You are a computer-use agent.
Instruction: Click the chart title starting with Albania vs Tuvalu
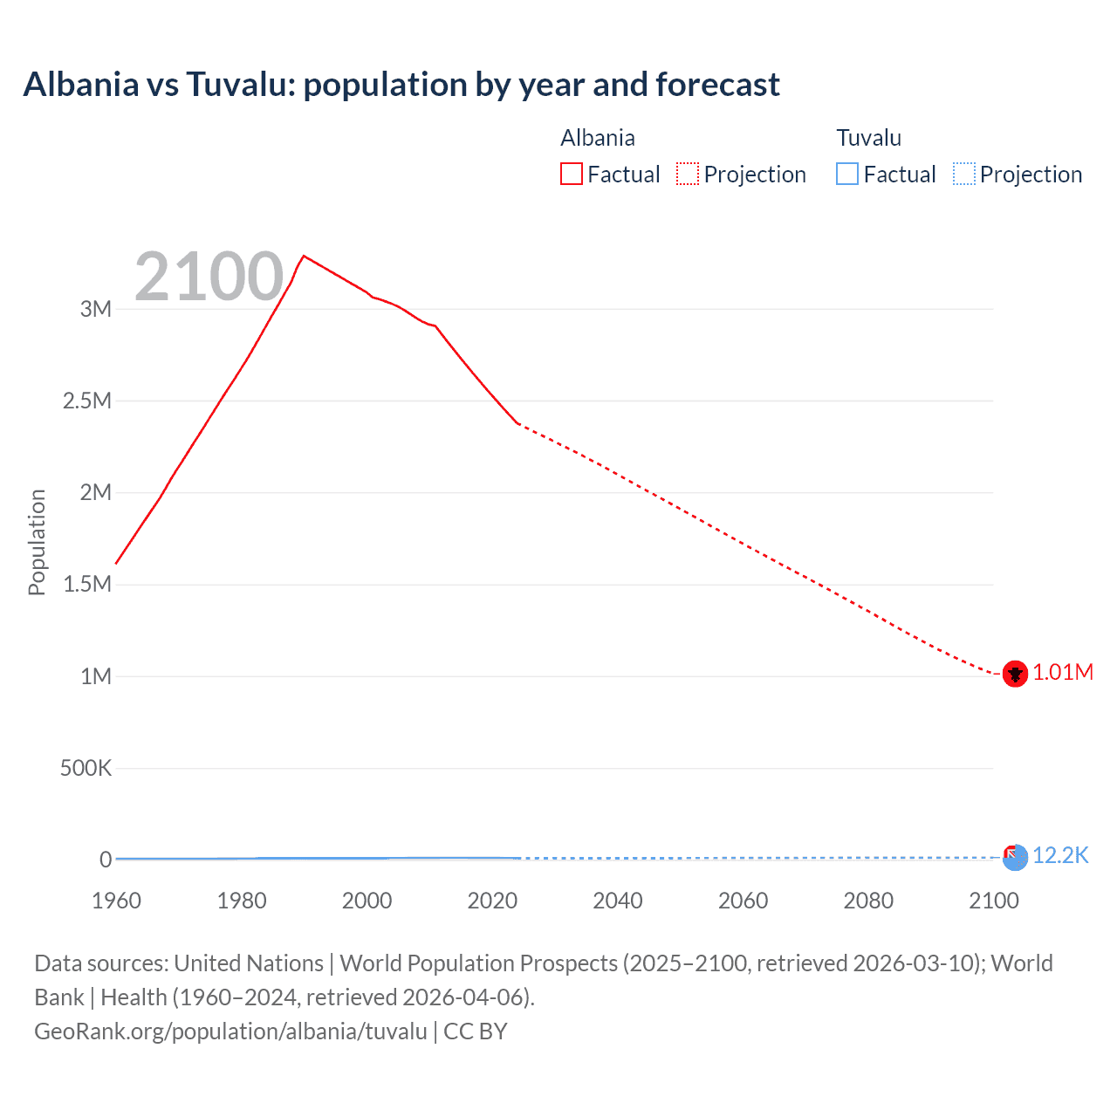(x=401, y=85)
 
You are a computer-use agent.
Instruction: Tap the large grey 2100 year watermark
(x=209, y=278)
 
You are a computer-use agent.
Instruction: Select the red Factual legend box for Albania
(x=571, y=175)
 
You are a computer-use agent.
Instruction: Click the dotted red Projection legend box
(x=688, y=175)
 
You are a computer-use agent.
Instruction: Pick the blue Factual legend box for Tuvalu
(x=846, y=175)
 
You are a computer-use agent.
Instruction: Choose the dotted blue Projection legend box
(x=964, y=175)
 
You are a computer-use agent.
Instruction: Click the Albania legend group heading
(x=597, y=138)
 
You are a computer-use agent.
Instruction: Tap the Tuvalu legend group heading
(x=868, y=138)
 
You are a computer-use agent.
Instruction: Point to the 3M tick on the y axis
(x=96, y=309)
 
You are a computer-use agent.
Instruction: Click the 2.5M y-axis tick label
(x=87, y=401)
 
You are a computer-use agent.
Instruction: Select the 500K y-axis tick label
(x=86, y=769)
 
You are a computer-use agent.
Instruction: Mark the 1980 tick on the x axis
(x=242, y=901)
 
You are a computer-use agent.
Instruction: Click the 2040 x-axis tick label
(x=618, y=901)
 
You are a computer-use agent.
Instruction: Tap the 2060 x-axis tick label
(x=743, y=901)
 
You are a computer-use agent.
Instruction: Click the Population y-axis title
(x=37, y=542)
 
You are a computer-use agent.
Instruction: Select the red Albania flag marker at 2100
(x=1014, y=674)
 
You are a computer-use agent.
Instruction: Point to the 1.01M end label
(x=1063, y=673)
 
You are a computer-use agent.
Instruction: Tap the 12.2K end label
(x=1060, y=856)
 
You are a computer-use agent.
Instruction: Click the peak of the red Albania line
(x=304, y=257)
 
